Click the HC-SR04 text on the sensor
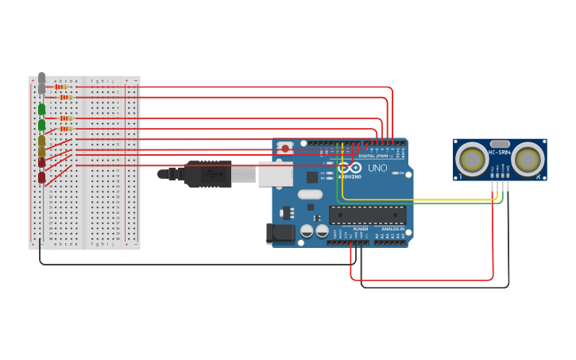[x=500, y=153]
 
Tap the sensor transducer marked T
[x=473, y=160]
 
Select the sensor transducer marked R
[x=528, y=160]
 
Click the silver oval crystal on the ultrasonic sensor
[x=500, y=144]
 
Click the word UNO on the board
[x=377, y=168]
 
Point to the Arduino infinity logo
[x=350, y=168]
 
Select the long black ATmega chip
[x=367, y=215]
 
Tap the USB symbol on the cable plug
[x=208, y=174]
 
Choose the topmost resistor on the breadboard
[x=60, y=87]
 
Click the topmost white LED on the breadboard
[x=41, y=78]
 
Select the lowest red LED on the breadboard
[x=41, y=178]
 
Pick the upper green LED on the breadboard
[x=41, y=109]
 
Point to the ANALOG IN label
[x=392, y=229]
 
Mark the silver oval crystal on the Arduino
[x=311, y=194]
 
